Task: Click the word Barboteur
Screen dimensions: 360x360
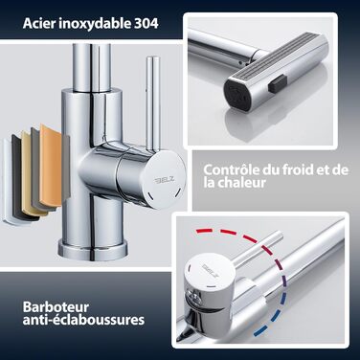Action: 56,307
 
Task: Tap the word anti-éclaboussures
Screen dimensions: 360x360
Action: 83,320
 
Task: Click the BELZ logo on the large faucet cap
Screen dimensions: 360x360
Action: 165,180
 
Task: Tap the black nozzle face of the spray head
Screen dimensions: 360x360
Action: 236,91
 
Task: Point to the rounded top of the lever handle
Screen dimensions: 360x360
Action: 152,59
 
